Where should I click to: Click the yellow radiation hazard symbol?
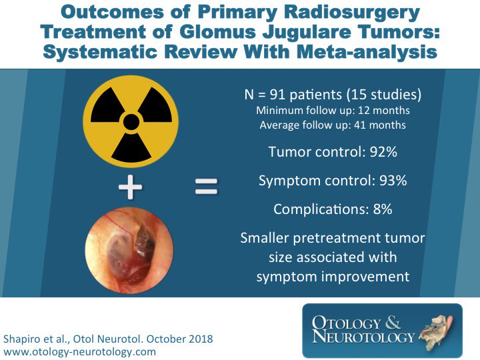(x=131, y=121)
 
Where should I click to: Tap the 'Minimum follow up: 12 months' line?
(x=333, y=111)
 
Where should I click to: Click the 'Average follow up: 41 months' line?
(x=333, y=125)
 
